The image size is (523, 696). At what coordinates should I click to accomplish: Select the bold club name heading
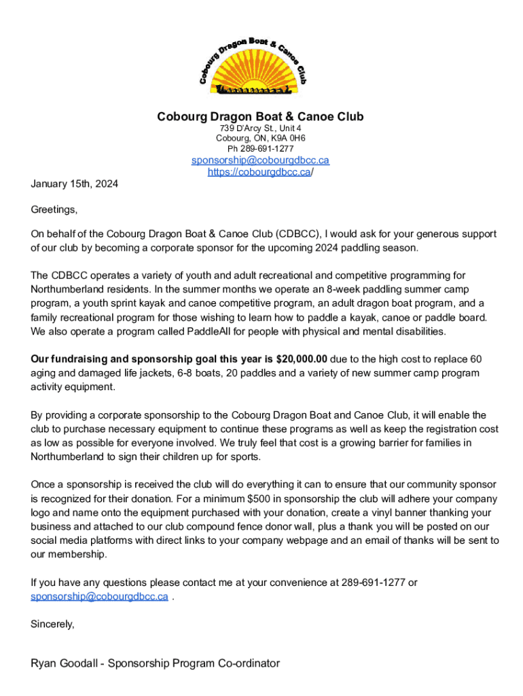[x=261, y=117]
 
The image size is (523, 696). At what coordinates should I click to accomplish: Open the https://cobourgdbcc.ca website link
[x=259, y=173]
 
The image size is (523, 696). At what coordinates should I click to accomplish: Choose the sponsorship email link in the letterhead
[x=261, y=160]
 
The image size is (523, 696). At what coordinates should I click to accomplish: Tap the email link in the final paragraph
[x=99, y=596]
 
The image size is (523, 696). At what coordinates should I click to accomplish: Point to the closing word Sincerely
[x=52, y=623]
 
